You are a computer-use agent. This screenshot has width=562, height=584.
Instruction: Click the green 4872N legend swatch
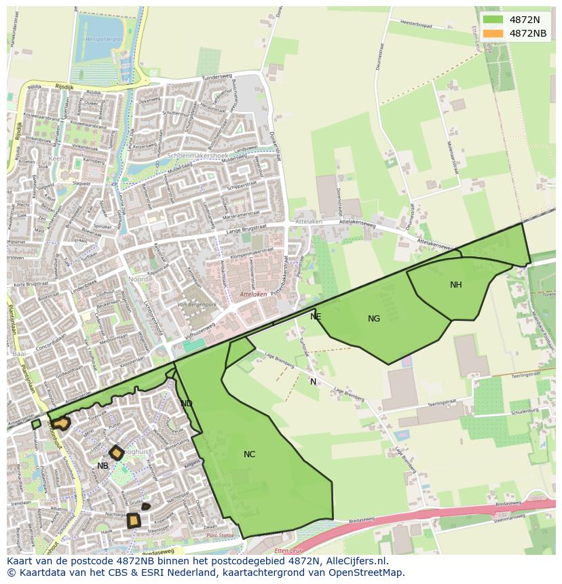tap(493, 20)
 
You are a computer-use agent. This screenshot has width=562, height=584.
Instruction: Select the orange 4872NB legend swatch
tap(493, 33)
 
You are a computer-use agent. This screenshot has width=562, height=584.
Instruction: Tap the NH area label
tap(455, 285)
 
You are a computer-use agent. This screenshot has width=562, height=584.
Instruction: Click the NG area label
tap(374, 319)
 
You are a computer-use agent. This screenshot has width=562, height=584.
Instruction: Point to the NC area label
tap(249, 454)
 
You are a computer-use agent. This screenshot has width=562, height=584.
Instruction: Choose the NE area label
tap(316, 317)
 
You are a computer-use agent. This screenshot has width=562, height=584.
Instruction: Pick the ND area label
tap(187, 404)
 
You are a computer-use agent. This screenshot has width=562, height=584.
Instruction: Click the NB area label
tap(102, 466)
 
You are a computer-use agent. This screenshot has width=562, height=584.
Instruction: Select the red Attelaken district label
tap(253, 294)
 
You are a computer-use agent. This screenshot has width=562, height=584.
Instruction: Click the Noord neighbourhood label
tap(138, 279)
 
